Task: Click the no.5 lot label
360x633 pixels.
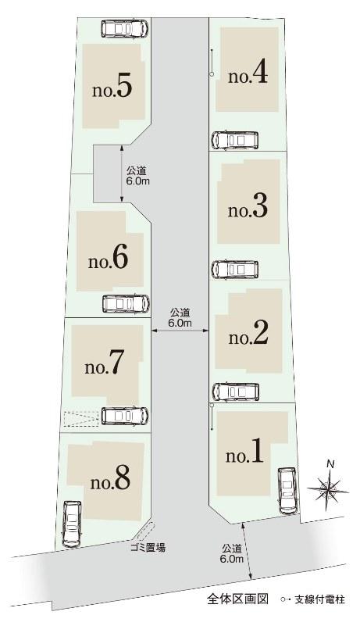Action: [112, 89]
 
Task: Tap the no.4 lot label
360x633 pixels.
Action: [248, 74]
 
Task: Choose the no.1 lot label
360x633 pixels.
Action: [245, 454]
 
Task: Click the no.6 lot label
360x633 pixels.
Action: [109, 259]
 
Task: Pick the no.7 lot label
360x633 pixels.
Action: [105, 365]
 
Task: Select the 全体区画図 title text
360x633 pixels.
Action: [237, 599]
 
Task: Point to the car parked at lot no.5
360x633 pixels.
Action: [124, 29]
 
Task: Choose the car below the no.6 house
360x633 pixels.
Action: [125, 303]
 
